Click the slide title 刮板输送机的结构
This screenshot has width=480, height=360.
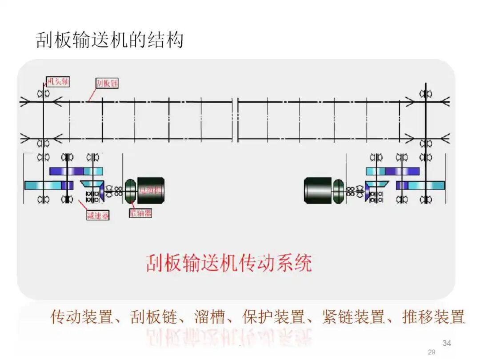109,40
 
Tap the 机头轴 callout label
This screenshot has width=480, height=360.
58,82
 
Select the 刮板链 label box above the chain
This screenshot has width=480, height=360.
107,83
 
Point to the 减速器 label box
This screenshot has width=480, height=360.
97,216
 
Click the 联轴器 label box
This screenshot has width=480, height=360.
140,213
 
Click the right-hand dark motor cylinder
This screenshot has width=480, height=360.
318,190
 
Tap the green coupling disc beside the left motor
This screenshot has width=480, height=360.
131,190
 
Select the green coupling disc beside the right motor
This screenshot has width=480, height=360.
339,190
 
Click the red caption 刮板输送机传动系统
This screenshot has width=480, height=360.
229,263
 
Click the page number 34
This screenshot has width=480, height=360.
447,343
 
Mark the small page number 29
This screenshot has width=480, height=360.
432,352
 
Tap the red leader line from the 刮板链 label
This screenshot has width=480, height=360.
92,94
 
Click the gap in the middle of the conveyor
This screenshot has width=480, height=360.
235,120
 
